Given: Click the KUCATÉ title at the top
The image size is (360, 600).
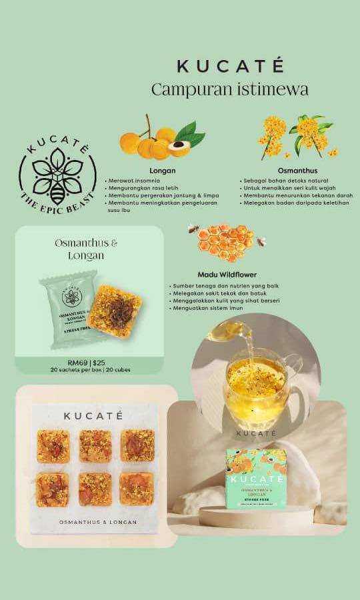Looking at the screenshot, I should click(230, 66).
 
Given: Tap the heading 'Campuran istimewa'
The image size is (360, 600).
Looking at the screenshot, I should click(230, 89).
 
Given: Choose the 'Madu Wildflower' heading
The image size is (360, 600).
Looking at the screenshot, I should click(227, 275).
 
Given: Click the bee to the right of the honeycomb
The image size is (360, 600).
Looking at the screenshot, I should click(261, 241).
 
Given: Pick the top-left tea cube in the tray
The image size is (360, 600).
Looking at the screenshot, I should click(53, 446).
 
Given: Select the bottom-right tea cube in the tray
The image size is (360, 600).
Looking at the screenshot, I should click(137, 489).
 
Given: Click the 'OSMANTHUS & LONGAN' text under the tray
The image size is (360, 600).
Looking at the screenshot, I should click(97, 522).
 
